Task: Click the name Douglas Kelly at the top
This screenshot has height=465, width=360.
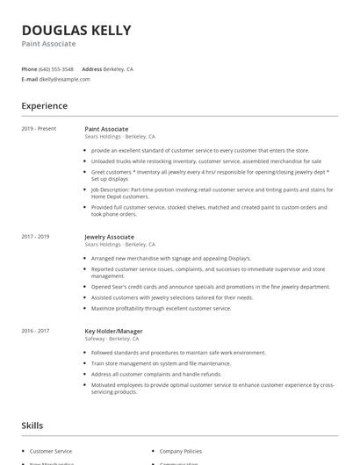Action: (76, 30)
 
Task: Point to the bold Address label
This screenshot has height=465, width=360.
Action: (91, 68)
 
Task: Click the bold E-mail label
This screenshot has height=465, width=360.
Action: (30, 79)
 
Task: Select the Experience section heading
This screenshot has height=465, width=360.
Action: (45, 106)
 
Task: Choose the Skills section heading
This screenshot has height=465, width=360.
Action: (32, 426)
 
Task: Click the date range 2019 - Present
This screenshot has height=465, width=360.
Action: (39, 129)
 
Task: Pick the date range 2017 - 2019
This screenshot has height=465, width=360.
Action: (35, 237)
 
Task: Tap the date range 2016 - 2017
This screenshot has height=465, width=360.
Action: (35, 332)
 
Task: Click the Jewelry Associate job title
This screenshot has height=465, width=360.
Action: (109, 237)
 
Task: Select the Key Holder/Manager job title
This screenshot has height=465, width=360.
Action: (113, 332)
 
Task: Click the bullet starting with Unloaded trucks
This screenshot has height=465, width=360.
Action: (206, 161)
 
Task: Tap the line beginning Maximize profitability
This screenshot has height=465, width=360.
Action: (161, 309)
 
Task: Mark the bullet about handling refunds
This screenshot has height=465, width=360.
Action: (156, 373)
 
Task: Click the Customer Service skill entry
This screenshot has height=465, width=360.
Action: (52, 450)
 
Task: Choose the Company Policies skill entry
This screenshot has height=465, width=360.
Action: (181, 450)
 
